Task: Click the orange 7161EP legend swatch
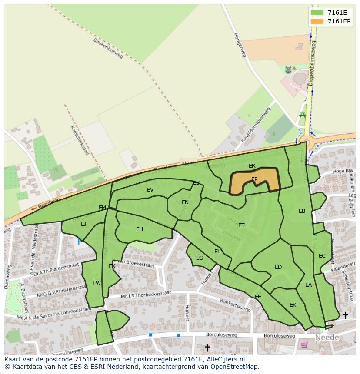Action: (317, 21)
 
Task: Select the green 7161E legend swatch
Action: (317, 13)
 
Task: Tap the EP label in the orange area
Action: (254, 179)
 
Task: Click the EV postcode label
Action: (150, 190)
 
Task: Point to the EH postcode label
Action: (140, 229)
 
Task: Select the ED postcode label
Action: (278, 267)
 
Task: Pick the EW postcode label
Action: (97, 283)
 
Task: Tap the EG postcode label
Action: (200, 258)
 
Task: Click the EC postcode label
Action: (322, 256)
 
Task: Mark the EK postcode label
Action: (293, 305)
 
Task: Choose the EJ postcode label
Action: (83, 224)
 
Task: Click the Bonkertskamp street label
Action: (235, 305)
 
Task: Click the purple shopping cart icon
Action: (304, 345)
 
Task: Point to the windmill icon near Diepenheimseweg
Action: (288, 70)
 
